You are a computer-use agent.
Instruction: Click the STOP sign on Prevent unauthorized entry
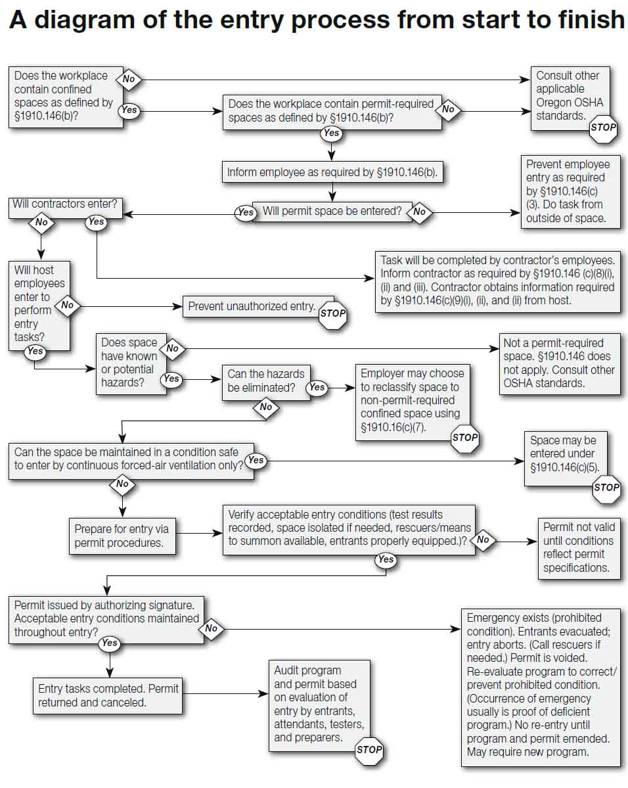(x=332, y=313)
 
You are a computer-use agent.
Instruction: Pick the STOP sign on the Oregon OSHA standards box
(x=602, y=128)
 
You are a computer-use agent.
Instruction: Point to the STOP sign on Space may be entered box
(x=606, y=488)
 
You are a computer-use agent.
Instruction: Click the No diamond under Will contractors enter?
(x=41, y=222)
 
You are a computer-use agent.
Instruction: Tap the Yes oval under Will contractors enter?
(x=96, y=222)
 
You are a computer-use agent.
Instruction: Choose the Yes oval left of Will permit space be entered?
(x=245, y=212)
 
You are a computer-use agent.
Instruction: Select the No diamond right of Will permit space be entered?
(x=419, y=212)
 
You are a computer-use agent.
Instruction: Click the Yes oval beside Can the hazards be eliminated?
(x=317, y=388)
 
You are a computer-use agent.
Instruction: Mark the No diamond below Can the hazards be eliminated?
(x=265, y=407)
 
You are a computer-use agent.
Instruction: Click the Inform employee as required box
(x=332, y=173)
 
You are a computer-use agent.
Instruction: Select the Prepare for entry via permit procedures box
(x=122, y=536)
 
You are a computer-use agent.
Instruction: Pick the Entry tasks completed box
(x=108, y=695)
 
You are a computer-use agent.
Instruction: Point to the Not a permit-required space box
(x=558, y=362)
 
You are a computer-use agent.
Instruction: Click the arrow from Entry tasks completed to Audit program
(x=223, y=693)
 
